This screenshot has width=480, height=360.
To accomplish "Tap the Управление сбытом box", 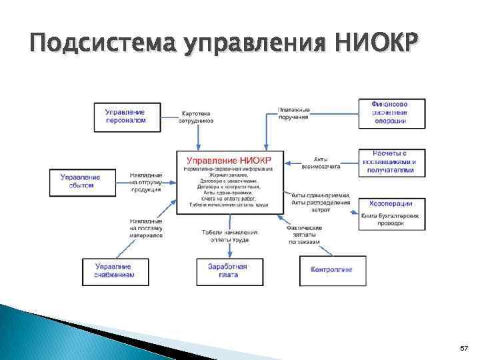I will tap(80, 181).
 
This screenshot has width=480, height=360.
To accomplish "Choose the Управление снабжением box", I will tap(114, 270).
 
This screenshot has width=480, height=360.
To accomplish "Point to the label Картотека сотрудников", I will tap(198, 117).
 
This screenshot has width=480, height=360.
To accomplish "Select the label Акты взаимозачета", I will tap(317, 163).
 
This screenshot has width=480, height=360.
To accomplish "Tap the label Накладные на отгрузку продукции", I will tap(145, 182).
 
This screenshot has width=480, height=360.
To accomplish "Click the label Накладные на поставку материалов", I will tap(145, 227).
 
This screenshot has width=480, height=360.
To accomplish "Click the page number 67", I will tap(464, 349).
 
